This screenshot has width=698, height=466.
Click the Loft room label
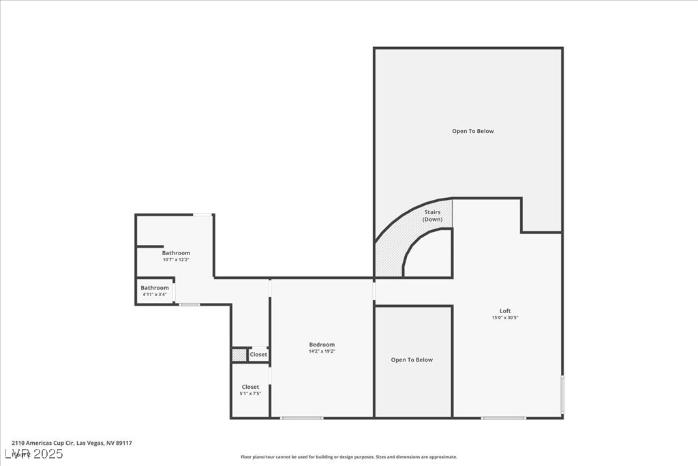pos(504,311)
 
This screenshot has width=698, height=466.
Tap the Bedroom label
pos(322,345)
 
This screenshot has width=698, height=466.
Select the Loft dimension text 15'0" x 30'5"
pos(504,318)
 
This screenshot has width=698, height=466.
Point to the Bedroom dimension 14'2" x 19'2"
pos(322,351)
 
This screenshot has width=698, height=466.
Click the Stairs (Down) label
pos(432,216)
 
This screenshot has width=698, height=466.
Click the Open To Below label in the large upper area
pos(472,131)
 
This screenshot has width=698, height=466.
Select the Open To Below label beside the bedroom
pos(412,360)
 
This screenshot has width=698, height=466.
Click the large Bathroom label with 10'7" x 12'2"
pos(176,253)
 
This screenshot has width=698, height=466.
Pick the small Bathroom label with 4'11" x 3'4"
pos(155,288)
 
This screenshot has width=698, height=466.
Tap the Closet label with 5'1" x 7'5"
pos(250,387)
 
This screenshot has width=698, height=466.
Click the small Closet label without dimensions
pos(258,355)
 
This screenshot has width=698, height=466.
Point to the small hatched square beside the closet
pos(239,355)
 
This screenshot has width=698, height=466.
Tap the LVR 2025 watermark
pos(34,454)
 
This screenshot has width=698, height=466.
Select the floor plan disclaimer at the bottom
pos(348,457)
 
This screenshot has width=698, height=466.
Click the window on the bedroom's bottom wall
pos(301,418)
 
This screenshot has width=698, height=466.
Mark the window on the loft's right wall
pos(562,394)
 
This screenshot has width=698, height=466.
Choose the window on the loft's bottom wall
pos(503,418)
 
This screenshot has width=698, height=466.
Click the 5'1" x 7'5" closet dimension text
pos(250,394)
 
